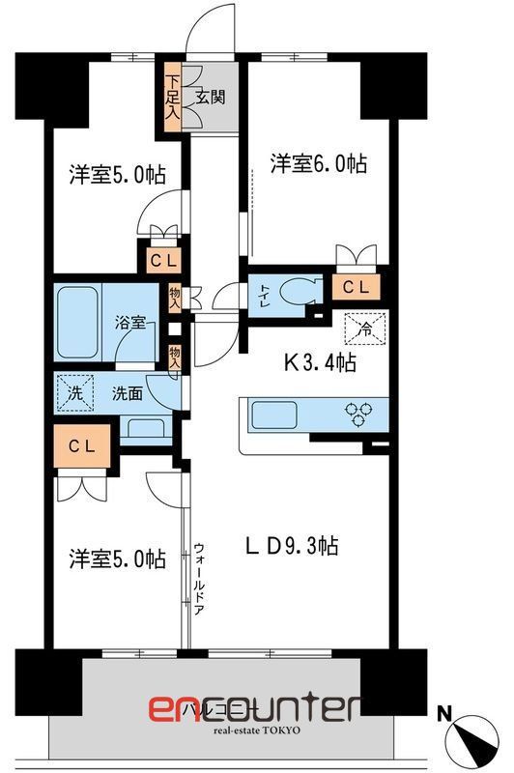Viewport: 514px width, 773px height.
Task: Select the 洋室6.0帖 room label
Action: pos(318,164)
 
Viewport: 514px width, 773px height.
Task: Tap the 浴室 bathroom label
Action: pos(131,324)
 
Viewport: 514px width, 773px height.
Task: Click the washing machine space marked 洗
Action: pos(74,393)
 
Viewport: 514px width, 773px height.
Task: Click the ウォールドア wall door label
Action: pos(198,578)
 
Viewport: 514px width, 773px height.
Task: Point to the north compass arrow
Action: pos(471,741)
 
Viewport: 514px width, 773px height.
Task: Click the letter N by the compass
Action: pos(443,715)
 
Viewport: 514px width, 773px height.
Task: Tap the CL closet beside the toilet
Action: pos(356,286)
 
